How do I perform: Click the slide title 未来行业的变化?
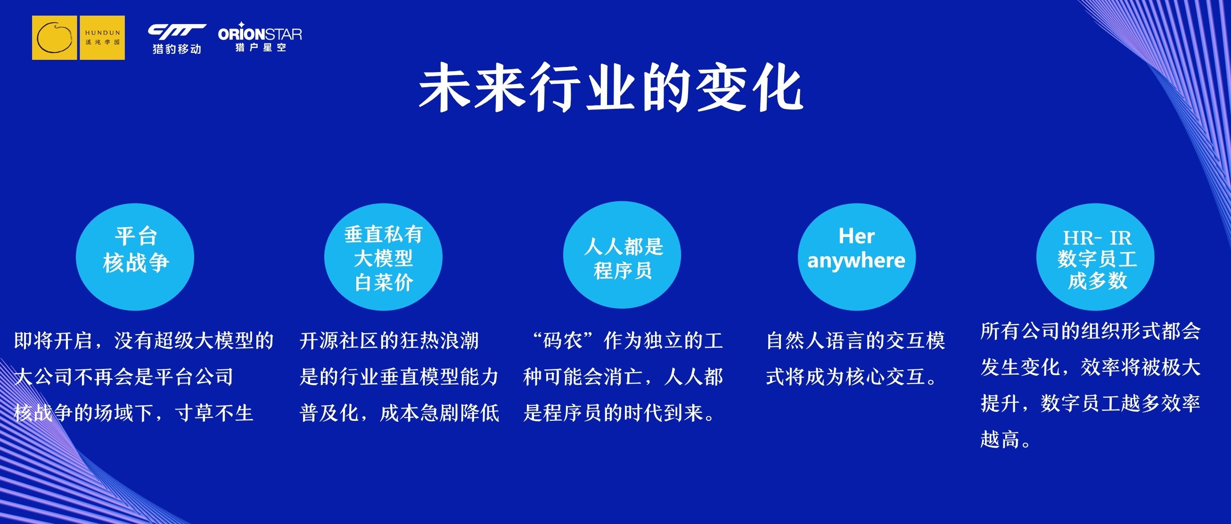coord(611,90)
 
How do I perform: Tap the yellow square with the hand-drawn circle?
coord(55,38)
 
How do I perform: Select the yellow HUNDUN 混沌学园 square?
coord(102,38)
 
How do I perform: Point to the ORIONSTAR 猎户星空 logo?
coord(260,37)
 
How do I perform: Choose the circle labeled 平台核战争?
coord(135,257)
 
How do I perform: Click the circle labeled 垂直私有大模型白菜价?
coord(383,257)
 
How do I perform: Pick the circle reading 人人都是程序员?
coord(622,255)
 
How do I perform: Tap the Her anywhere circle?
coord(857,257)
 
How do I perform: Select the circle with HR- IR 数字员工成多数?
coord(1095,257)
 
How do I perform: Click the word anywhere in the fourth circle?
coord(856,261)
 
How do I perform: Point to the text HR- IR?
coord(1097,238)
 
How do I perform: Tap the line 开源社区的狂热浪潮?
coord(389,341)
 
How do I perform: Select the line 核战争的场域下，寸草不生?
coord(133,413)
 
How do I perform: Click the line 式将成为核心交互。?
coord(852,377)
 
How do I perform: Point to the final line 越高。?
coord(1005,439)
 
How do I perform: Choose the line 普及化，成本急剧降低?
coord(400,413)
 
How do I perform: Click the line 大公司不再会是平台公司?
coord(123,377)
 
